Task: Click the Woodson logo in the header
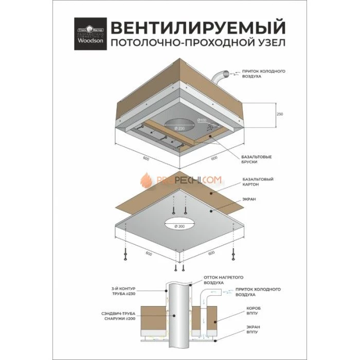click(x=90, y=34)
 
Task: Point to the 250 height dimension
click(x=280, y=114)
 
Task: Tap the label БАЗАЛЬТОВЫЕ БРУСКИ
click(x=257, y=159)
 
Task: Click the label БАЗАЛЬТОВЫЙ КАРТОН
click(x=257, y=182)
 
